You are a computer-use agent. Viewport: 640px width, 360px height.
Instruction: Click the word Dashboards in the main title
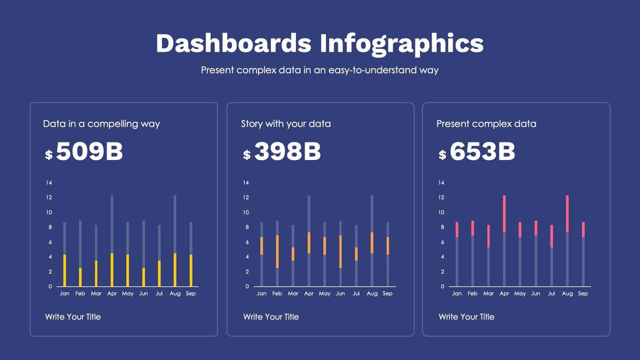tap(233, 43)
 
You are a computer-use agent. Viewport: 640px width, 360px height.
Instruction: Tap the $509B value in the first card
tap(84, 152)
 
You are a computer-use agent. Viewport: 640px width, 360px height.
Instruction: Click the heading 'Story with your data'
tap(285, 123)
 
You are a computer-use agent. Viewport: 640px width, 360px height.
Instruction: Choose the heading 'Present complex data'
tap(486, 123)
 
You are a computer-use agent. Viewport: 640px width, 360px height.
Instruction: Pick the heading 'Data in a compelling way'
tap(101, 123)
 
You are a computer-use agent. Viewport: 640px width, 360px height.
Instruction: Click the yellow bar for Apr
tap(112, 270)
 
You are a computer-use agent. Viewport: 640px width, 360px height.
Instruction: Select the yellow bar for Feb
tap(80, 277)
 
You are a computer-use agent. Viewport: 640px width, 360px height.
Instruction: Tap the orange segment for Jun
tap(341, 252)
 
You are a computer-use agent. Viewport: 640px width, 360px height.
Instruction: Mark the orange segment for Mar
tap(293, 254)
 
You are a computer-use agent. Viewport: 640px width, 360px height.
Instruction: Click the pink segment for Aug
tap(567, 214)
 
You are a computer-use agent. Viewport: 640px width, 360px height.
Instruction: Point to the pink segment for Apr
tap(504, 214)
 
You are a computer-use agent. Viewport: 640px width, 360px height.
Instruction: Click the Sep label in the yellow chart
tap(190, 294)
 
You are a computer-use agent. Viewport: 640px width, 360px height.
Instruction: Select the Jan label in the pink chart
tap(457, 294)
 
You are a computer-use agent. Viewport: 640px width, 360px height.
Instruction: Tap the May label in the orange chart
tap(325, 294)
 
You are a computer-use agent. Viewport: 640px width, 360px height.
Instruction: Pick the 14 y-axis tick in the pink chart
tap(441, 183)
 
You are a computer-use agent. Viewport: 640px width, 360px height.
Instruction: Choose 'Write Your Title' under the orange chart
tap(271, 317)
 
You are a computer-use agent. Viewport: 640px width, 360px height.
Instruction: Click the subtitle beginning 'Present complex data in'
tap(319, 70)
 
